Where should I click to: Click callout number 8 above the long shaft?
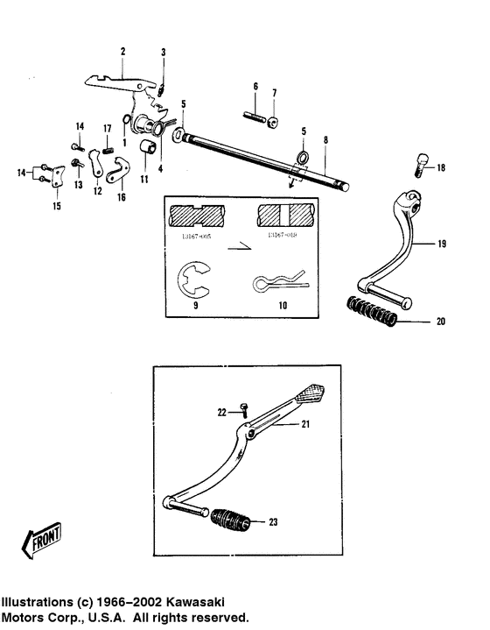(325, 139)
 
